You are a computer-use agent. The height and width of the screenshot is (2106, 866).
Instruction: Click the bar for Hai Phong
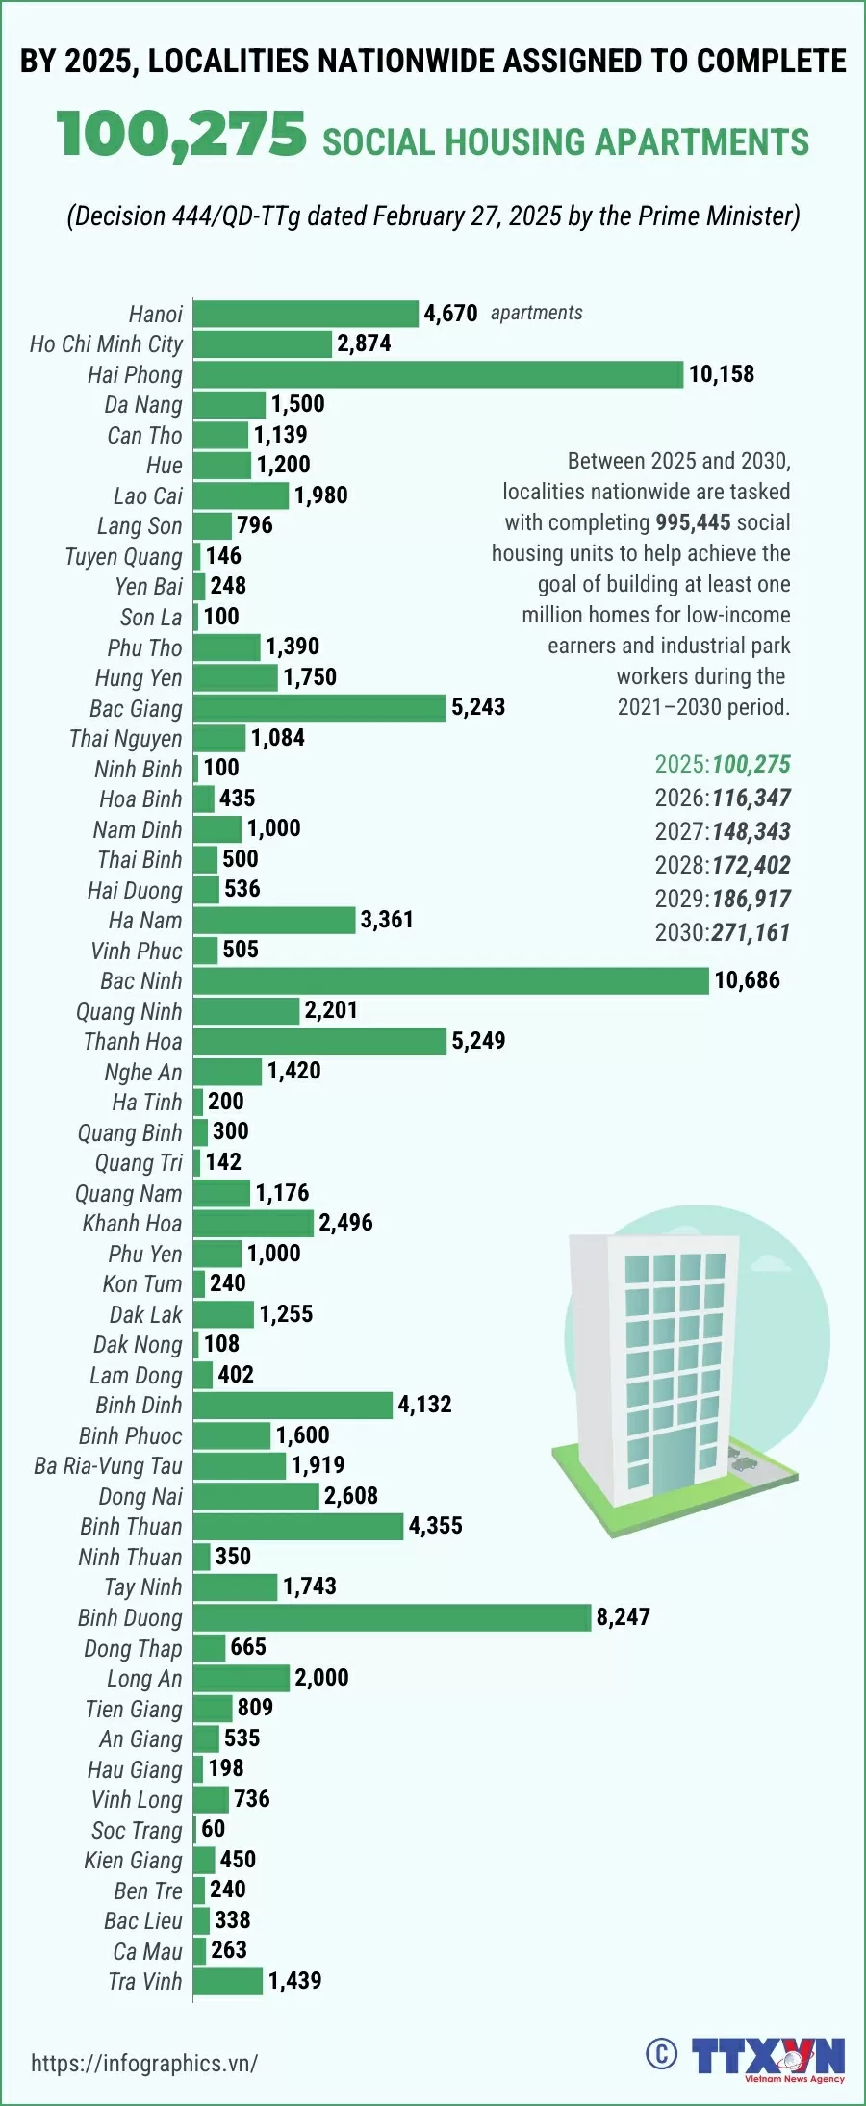438,374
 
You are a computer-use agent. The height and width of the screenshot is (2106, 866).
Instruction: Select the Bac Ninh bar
450,980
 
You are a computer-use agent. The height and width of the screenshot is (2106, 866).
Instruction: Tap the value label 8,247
624,1617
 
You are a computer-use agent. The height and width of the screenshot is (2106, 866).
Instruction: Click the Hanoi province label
155,315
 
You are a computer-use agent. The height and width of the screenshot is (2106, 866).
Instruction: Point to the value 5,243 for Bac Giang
478,707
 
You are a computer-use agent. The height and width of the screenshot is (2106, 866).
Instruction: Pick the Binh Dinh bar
293,1405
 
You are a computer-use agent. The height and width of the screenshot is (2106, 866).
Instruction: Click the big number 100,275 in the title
182,134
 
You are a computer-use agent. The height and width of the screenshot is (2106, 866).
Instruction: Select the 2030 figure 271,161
751,932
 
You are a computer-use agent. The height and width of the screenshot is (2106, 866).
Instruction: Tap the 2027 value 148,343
751,831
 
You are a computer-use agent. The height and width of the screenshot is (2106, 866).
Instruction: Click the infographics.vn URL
144,2063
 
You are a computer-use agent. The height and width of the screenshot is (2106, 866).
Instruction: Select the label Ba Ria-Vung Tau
108,1465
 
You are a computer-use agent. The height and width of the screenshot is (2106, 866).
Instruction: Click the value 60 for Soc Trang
213,1829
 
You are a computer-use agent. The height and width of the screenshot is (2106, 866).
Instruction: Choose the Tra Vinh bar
227,1981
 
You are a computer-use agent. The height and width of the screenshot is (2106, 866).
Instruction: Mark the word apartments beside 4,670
536,313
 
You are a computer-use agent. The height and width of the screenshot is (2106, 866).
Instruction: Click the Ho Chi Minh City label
106,344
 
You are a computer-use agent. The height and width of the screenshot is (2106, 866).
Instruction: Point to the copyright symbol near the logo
661,2054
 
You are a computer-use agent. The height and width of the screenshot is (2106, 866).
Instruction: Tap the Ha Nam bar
273,920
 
